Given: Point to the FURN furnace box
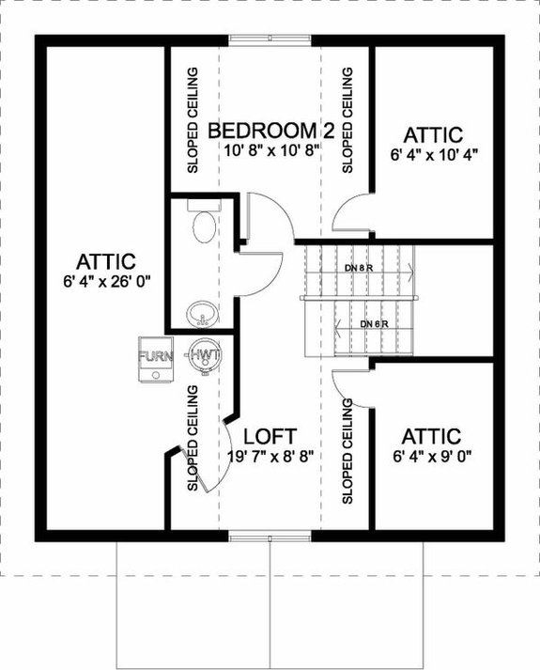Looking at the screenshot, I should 154,358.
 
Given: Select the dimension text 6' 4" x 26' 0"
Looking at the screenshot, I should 107,280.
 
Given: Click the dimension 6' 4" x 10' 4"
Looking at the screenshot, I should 434,154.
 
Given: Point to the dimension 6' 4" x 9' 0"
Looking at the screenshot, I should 433,457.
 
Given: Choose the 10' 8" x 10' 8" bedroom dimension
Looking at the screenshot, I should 270,148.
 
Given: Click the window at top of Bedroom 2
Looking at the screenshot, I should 271,39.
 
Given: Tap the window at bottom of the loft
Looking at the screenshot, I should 270,537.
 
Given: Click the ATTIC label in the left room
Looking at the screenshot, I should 107,260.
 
